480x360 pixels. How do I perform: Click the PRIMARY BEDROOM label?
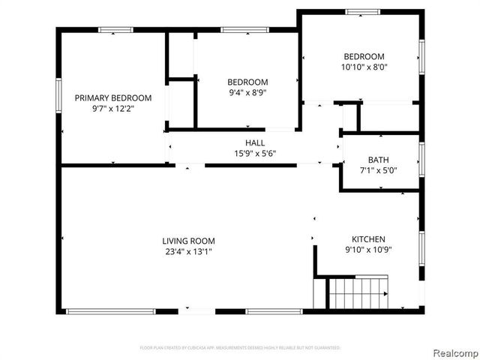coord(112,97)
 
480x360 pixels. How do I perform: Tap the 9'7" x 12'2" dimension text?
coord(112,108)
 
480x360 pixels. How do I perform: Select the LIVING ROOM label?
coord(188,241)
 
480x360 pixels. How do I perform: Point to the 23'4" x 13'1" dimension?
coord(188,251)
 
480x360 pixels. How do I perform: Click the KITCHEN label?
coord(364,238)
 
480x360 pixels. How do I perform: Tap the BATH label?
coord(377,160)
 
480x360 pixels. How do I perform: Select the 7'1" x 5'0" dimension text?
coord(377,170)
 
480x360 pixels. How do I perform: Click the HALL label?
coord(255,143)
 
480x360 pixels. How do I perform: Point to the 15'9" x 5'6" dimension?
coord(255,154)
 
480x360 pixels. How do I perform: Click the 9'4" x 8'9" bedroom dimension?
coord(247,93)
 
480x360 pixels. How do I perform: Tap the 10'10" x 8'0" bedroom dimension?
coord(364,67)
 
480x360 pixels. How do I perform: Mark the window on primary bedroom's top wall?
coord(115,29)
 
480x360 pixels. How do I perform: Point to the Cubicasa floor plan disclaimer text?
coord(240,348)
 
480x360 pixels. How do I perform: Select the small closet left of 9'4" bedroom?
coord(180,54)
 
